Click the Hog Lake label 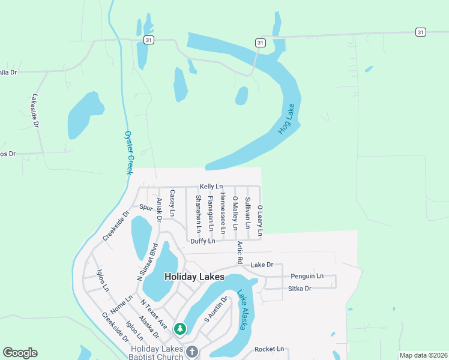(x=288, y=119)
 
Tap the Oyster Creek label (x=128, y=153)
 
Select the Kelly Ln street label (x=211, y=187)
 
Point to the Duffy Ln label (x=202, y=241)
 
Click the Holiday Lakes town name (x=194, y=277)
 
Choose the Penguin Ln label (x=307, y=276)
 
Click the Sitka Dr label (x=300, y=289)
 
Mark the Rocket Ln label (x=269, y=349)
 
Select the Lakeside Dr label (x=35, y=111)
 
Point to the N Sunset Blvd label (x=147, y=262)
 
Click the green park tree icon (x=179, y=329)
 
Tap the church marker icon (x=192, y=352)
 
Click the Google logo (x=20, y=353)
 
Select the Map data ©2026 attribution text (x=423, y=355)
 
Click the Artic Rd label (x=239, y=253)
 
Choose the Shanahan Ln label (x=198, y=213)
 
